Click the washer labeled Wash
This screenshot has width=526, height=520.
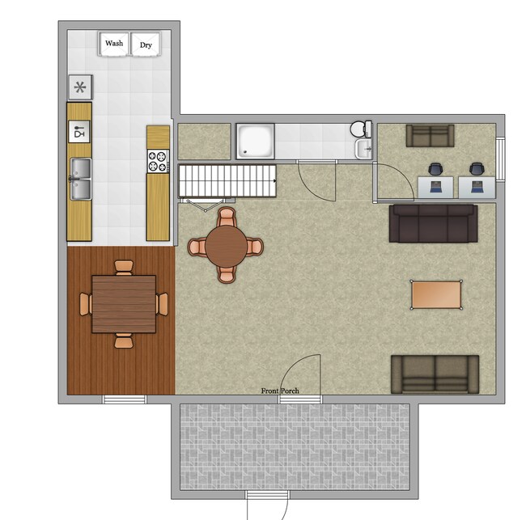pyautogui.click(x=114, y=44)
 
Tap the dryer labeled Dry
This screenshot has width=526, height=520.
pyautogui.click(x=146, y=45)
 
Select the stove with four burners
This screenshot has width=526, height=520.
pyautogui.click(x=158, y=160)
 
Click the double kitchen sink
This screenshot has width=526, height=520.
pyautogui.click(x=79, y=179)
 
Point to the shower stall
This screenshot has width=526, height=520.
pyautogui.click(x=255, y=141)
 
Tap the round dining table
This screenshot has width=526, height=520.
pyautogui.click(x=227, y=245)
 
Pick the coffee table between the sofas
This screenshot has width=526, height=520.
pyautogui.click(x=437, y=294)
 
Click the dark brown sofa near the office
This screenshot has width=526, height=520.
pyautogui.click(x=432, y=223)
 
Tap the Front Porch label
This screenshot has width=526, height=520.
pyautogui.click(x=280, y=391)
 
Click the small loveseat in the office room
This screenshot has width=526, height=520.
pyautogui.click(x=430, y=136)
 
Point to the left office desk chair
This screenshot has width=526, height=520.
pyautogui.click(x=436, y=170)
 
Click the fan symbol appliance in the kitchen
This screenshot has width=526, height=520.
pyautogui.click(x=79, y=87)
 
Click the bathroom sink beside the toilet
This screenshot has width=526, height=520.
pyautogui.click(x=364, y=148)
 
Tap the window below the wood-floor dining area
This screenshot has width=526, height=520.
pyautogui.click(x=125, y=399)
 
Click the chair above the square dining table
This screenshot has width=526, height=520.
pyautogui.click(x=123, y=267)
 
